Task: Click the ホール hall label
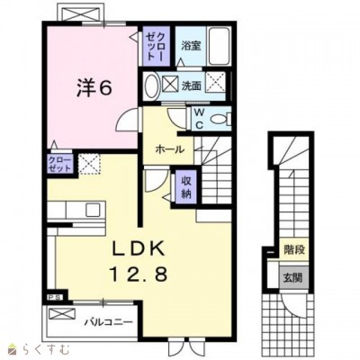(169, 148)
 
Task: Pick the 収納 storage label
(185, 186)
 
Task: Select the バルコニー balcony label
(109, 319)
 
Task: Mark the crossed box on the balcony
(61, 316)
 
